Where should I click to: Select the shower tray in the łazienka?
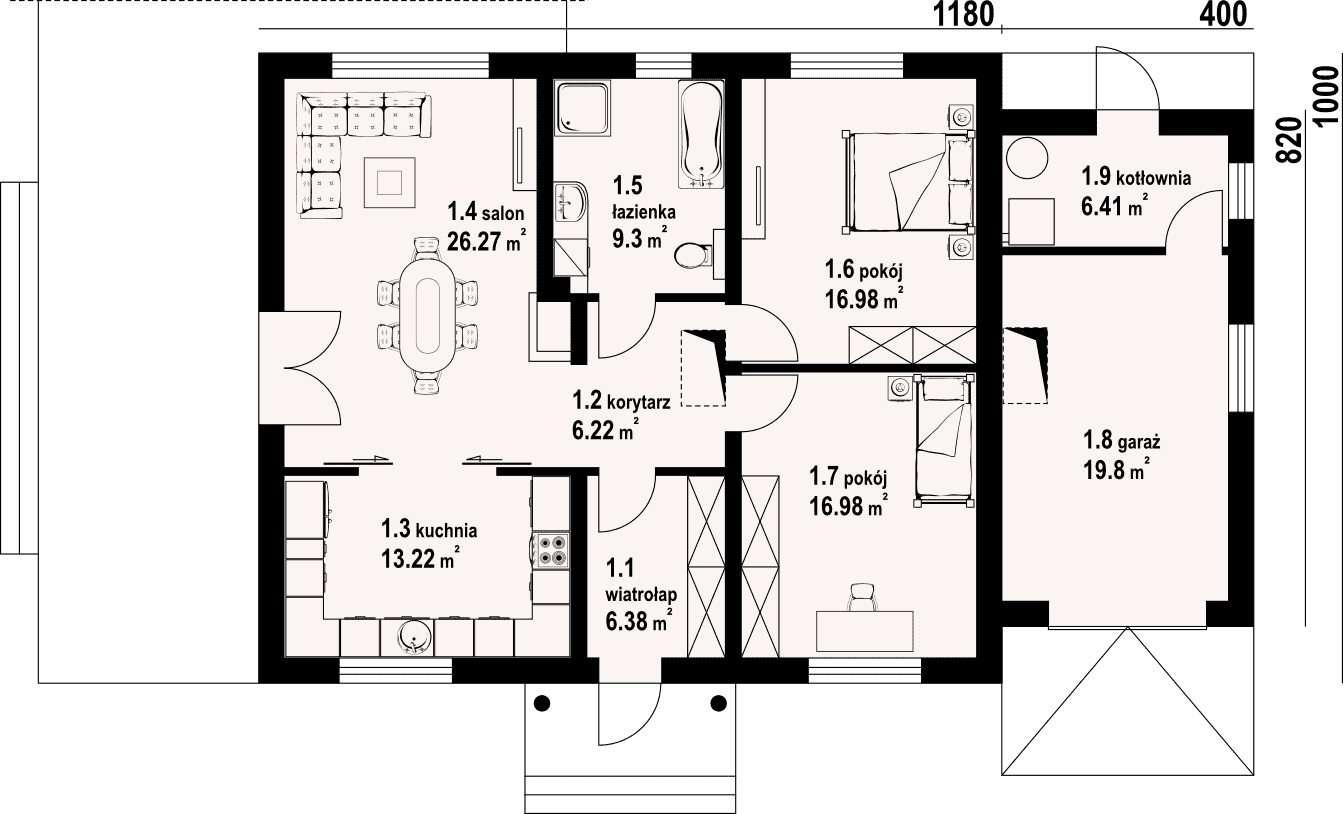click(582, 108)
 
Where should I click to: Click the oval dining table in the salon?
click(427, 315)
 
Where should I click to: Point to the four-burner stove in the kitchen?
click(552, 550)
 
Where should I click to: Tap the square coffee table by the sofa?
click(390, 182)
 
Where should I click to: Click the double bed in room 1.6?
click(907, 182)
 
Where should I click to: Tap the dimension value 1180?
click(963, 14)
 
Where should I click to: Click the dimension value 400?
click(1223, 14)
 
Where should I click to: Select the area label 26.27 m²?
click(487, 241)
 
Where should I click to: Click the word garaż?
click(1139, 443)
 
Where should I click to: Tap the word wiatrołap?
click(641, 595)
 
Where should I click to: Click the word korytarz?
click(639, 402)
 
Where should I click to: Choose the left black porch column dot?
click(542, 703)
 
